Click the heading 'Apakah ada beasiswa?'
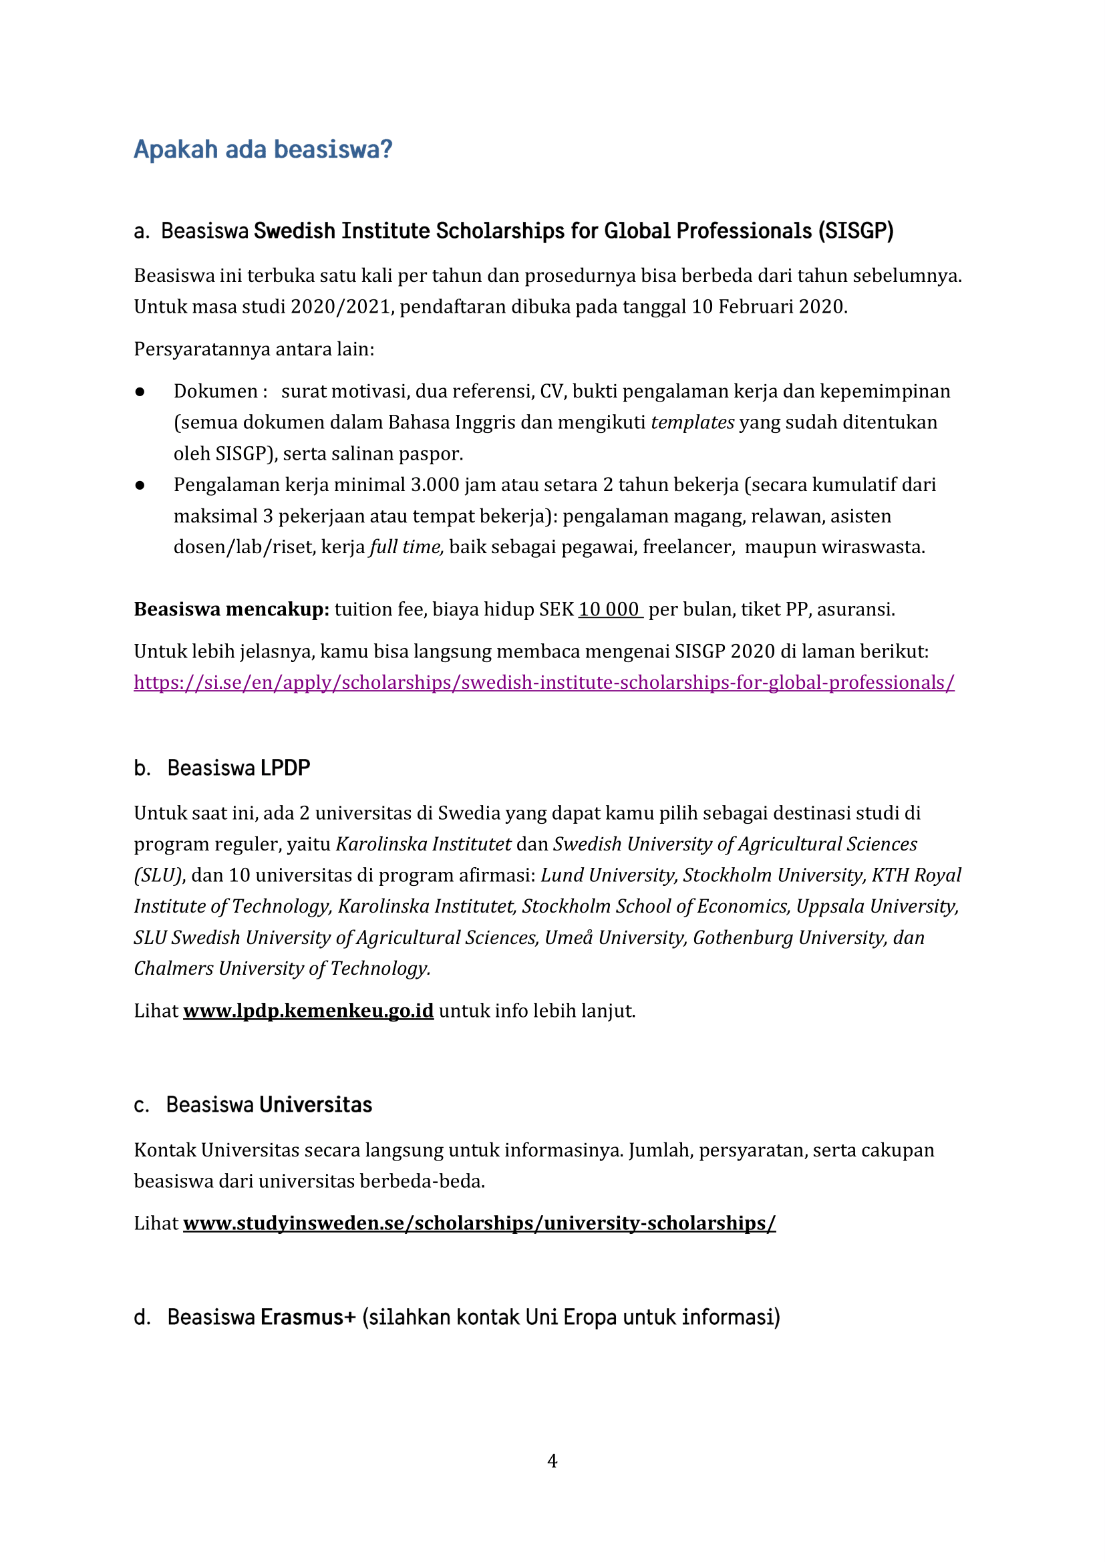pos(263,150)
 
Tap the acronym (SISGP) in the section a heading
pos(855,231)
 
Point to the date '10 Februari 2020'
pos(768,307)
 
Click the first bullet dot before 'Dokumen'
pos(140,392)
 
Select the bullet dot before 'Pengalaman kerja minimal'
pos(140,485)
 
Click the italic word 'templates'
pos(692,422)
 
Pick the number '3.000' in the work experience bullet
pos(435,485)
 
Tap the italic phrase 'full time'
pos(406,547)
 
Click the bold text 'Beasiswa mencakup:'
pos(231,609)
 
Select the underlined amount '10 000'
pos(610,609)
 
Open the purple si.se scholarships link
pos(544,682)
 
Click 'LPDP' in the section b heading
pos(285,768)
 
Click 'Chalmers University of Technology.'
pos(282,968)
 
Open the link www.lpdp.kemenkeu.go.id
pos(308,1011)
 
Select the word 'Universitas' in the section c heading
pos(317,1105)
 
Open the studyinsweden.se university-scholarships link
pos(479,1223)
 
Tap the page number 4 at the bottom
pos(552,1460)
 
